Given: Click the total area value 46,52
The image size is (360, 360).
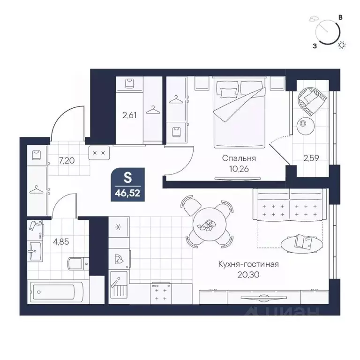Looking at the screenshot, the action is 127,193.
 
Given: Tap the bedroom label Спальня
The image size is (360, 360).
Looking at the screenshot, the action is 239,158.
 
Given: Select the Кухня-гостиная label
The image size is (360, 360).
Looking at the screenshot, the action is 248,264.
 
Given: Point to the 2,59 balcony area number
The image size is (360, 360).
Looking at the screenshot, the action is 311,158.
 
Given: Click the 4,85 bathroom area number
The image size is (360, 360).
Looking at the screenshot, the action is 61,242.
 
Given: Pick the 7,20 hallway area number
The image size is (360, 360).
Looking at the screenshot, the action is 67,160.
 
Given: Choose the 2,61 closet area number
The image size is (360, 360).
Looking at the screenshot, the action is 129,115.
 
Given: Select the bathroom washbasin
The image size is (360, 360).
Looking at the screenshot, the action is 35,251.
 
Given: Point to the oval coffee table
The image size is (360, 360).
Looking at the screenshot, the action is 302,244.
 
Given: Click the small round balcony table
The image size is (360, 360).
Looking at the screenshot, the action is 305,126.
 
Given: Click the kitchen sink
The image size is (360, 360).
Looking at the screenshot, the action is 119,285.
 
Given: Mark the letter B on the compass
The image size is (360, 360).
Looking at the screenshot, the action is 341,17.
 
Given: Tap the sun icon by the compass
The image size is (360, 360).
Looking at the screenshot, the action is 342,45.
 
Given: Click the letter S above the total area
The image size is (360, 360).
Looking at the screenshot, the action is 127,177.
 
